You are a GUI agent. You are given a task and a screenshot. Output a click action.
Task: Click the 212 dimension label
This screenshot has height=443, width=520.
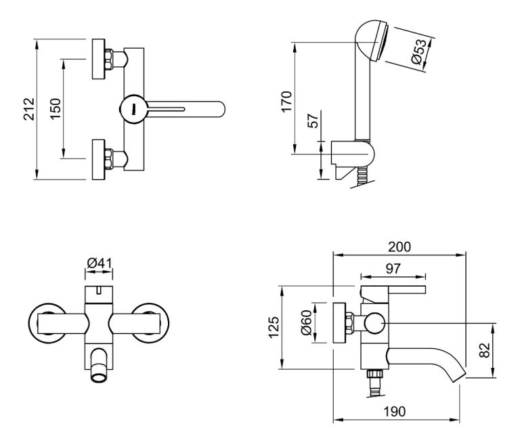coord(28,109)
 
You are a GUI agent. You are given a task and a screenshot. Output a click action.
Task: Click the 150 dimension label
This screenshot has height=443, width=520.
coord(55,109)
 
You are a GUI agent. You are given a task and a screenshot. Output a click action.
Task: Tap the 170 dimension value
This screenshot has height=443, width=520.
coord(286,101)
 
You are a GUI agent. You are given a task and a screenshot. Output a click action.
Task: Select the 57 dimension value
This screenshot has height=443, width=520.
coord(313,120)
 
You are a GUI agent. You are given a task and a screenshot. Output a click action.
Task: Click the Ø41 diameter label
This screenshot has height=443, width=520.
coord(100,263)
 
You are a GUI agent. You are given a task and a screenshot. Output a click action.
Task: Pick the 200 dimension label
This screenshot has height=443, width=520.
coord(399,247)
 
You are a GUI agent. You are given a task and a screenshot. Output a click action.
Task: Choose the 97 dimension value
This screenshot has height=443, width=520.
coord(393,268)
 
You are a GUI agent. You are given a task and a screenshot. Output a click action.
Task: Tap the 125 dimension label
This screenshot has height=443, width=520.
coord(274,327)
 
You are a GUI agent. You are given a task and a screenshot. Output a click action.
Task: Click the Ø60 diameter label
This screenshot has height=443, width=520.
coord(306,322)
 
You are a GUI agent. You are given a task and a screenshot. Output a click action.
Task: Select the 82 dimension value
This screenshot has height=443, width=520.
coord(485,350)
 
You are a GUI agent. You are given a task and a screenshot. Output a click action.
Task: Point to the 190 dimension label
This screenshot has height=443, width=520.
coord(395,411)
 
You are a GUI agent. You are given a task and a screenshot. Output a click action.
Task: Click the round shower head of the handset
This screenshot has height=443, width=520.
coord(372,41)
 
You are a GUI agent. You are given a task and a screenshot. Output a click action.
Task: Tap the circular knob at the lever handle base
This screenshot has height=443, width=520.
coord(133,110)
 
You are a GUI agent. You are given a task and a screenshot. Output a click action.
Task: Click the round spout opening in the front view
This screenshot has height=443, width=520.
coord(99,377)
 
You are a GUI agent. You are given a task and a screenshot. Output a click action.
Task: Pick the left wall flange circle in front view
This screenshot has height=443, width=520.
coord(47,322)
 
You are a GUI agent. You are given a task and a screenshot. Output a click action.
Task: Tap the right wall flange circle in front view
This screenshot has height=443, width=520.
coord(150,322)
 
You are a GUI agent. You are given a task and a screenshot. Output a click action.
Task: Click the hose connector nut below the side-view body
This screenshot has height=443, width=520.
coord(374,374)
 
